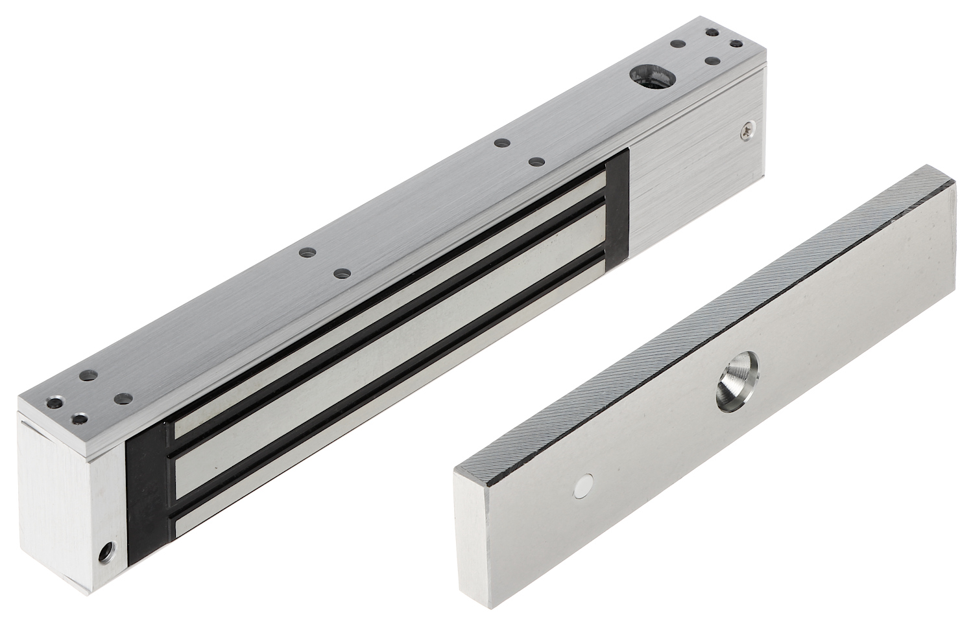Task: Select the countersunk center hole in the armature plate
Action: [x=736, y=390]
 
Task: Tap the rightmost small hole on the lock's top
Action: [x=736, y=43]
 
